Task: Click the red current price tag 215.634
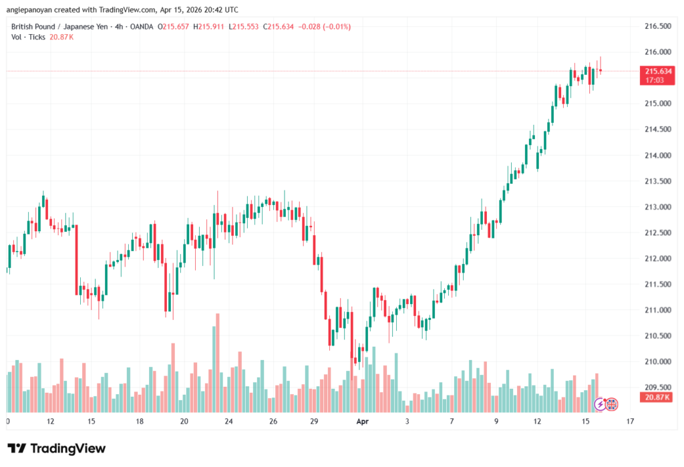pyautogui.click(x=655, y=71)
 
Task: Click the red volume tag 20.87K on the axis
pyautogui.click(x=655, y=398)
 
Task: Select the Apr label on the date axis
pyautogui.click(x=363, y=422)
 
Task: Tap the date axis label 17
pyautogui.click(x=630, y=422)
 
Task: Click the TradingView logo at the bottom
pyautogui.click(x=56, y=448)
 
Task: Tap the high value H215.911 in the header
pyautogui.click(x=207, y=27)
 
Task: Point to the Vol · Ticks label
pyautogui.click(x=28, y=37)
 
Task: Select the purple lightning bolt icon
pyautogui.click(x=600, y=404)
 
